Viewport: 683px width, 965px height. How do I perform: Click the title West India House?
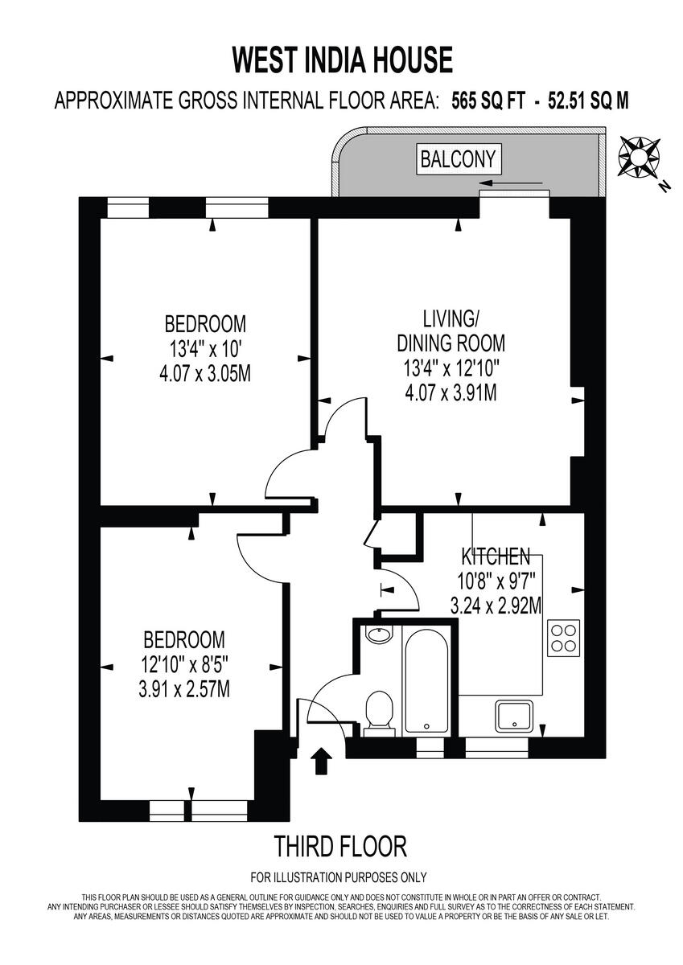pyautogui.click(x=342, y=60)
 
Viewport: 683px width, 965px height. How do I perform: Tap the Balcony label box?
pyautogui.click(x=459, y=158)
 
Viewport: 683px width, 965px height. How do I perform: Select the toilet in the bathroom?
pyautogui.click(x=377, y=712)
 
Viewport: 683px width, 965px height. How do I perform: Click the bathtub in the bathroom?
pyautogui.click(x=426, y=680)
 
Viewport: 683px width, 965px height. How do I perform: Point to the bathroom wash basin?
pyautogui.click(x=376, y=634)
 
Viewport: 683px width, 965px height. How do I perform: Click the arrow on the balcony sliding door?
pyautogui.click(x=523, y=184)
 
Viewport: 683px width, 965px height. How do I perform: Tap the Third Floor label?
pyautogui.click(x=340, y=846)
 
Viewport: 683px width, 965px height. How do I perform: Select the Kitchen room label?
pyautogui.click(x=495, y=556)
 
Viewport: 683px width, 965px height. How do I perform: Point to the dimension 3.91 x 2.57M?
pyautogui.click(x=183, y=689)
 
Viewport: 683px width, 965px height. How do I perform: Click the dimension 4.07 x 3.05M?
pyautogui.click(x=205, y=374)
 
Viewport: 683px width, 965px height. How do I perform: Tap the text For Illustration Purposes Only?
pyautogui.click(x=339, y=877)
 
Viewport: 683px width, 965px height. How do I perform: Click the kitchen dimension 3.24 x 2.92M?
pyautogui.click(x=495, y=604)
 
